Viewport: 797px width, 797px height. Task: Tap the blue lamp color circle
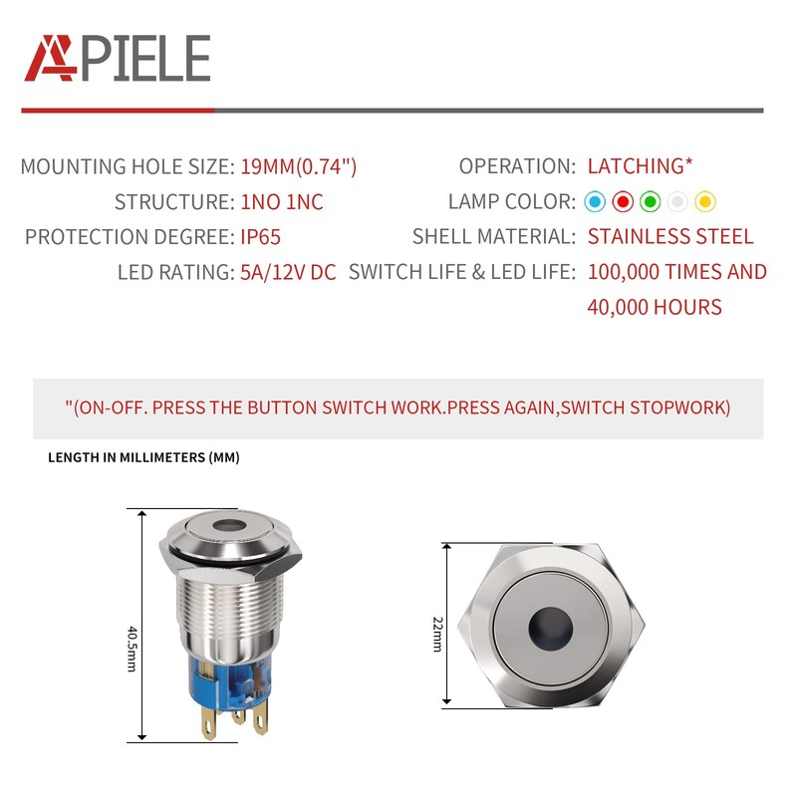click(x=595, y=202)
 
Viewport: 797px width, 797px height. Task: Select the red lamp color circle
click(x=623, y=202)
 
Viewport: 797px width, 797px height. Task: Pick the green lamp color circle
click(x=651, y=202)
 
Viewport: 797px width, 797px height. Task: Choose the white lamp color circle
click(x=678, y=202)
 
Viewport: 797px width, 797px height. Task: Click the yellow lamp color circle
click(x=705, y=202)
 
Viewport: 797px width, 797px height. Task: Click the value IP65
click(x=264, y=237)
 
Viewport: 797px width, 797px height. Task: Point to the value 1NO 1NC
click(x=282, y=202)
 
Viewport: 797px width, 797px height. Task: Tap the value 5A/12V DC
click(x=288, y=272)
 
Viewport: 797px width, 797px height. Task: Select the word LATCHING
click(x=635, y=166)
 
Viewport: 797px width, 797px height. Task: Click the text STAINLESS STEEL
click(x=670, y=237)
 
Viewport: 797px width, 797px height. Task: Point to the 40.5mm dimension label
click(x=132, y=648)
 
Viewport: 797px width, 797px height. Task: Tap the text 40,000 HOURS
click(x=655, y=307)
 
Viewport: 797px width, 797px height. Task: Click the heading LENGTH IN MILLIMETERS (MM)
click(x=143, y=458)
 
